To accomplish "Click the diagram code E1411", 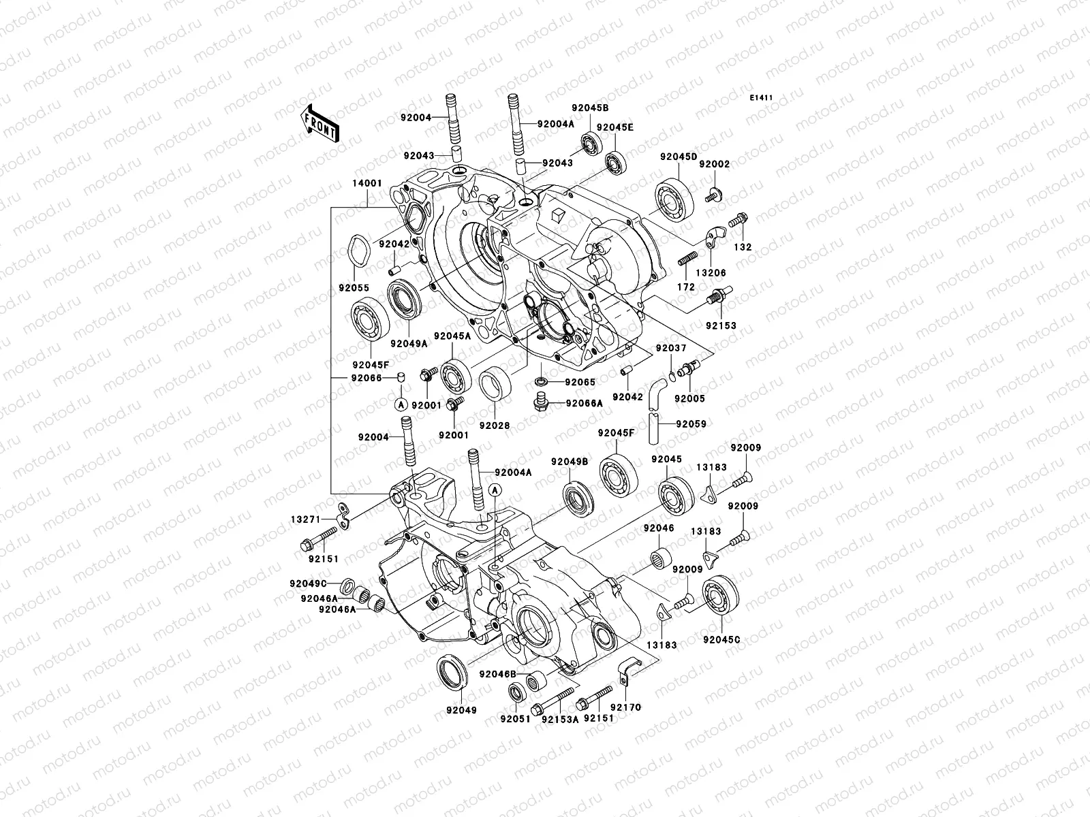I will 761,98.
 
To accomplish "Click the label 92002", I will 715,165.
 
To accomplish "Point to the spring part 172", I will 686,259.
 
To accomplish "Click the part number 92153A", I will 560,718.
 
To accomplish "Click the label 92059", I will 690,423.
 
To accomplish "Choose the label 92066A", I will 584,403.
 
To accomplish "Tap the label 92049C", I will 309,583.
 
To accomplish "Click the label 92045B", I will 590,108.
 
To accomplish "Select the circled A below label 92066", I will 401,405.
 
